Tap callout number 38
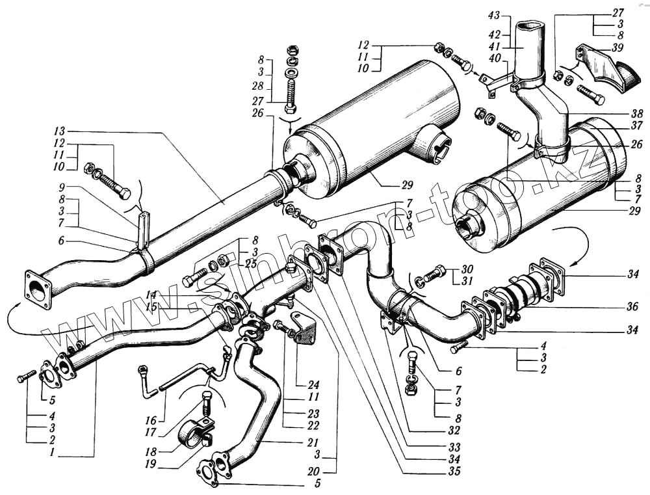coord(638,113)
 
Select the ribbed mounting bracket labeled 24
coord(302,327)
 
